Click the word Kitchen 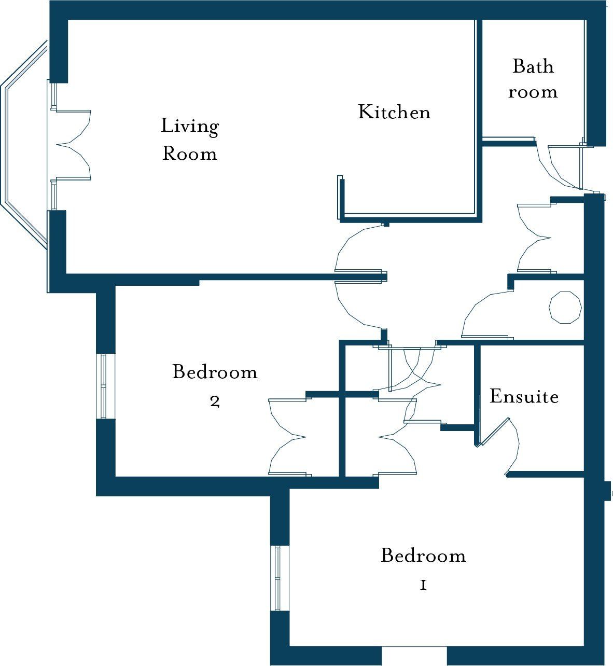coord(394,112)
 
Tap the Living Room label coord(189,140)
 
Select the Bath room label coord(533,79)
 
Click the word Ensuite coord(524,396)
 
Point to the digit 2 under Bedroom coord(215,401)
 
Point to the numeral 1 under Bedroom coord(423,585)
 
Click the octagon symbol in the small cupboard coord(565,307)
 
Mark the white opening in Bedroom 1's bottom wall coord(414,656)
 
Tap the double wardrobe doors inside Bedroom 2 coord(288,437)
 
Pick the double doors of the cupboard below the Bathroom coord(534,238)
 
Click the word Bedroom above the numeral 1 coord(423,556)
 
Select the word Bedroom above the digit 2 coord(215,372)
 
